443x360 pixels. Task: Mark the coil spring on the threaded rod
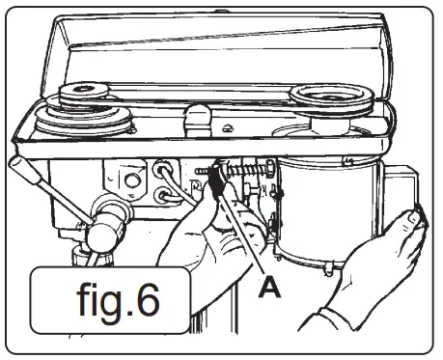click(246, 179)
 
